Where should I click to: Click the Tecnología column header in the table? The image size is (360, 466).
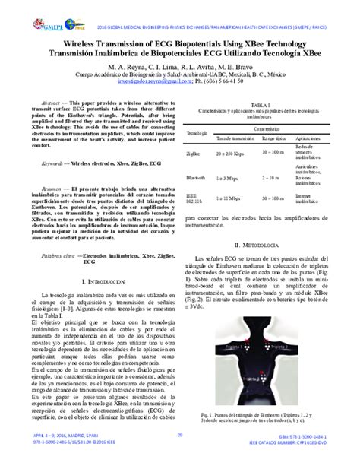[x=197, y=133]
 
